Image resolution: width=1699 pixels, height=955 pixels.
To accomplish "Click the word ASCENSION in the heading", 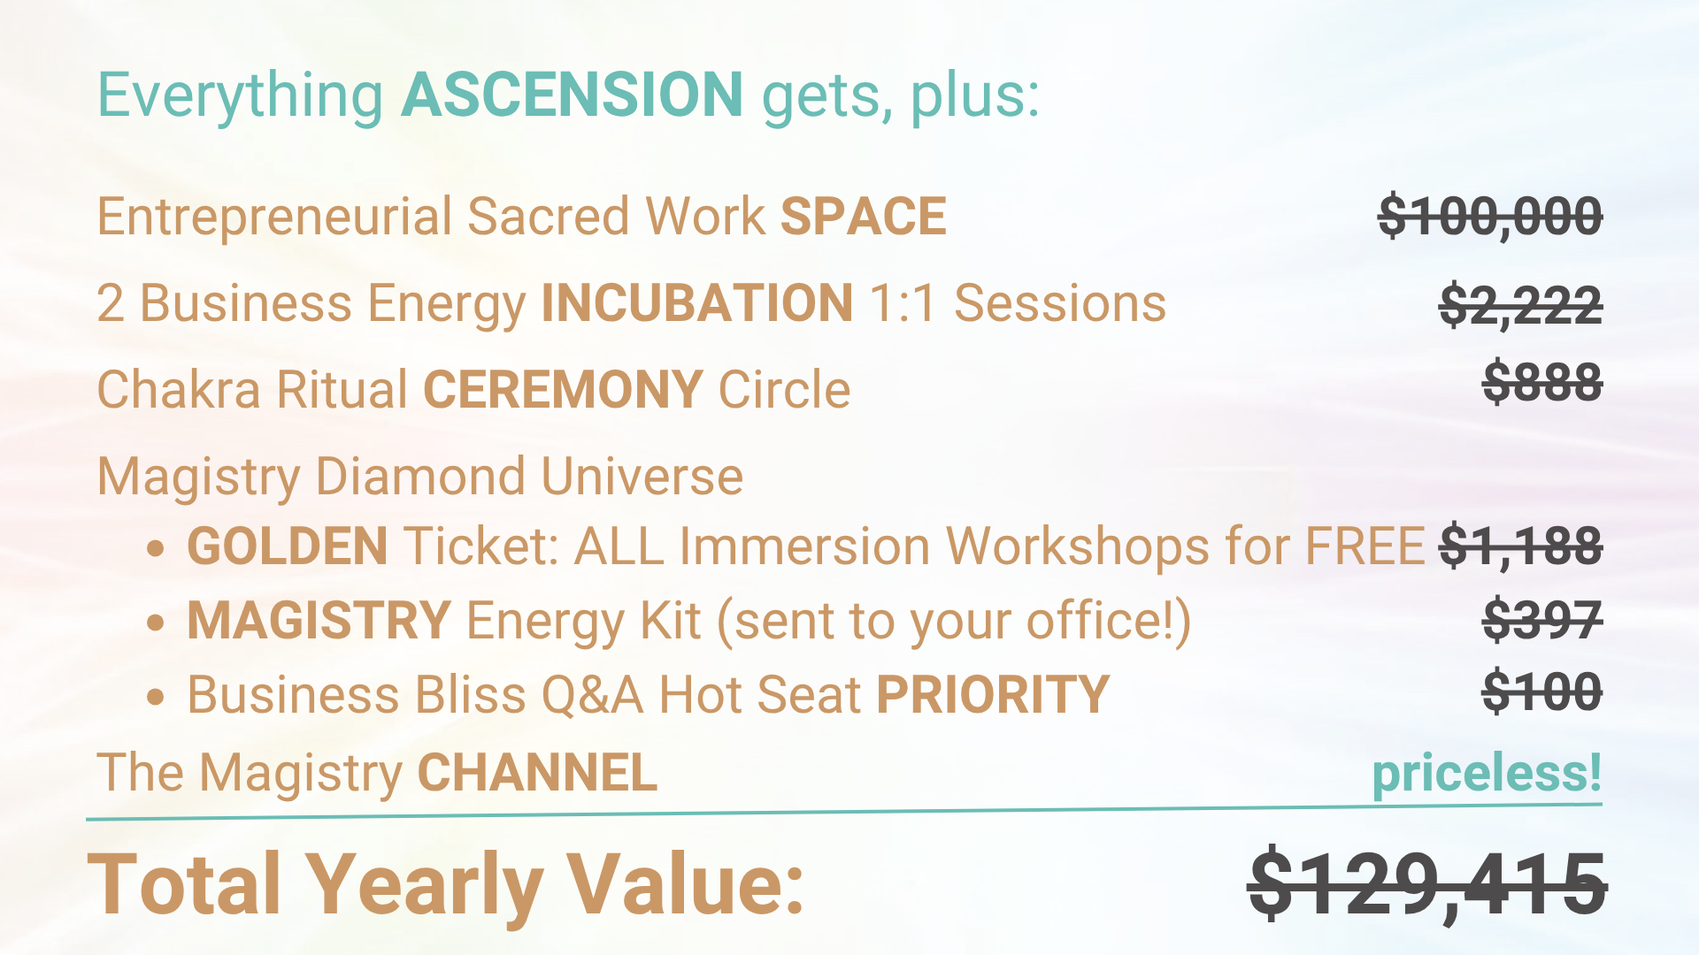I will (572, 95).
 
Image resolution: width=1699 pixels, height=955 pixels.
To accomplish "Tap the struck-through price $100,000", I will (1490, 216).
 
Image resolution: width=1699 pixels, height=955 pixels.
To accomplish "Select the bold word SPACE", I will (864, 217).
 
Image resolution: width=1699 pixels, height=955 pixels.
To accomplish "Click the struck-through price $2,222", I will (1520, 304).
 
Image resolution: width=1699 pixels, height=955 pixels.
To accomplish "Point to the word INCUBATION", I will (697, 303).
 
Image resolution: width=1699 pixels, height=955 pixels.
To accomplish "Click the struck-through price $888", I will (1542, 382).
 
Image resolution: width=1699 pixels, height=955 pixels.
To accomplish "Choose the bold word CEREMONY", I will (563, 390).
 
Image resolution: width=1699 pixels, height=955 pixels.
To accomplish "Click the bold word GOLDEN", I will (288, 546).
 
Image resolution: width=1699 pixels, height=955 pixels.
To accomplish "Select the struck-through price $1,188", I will (1520, 546).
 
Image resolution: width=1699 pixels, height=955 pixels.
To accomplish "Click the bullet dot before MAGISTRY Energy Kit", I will (156, 623).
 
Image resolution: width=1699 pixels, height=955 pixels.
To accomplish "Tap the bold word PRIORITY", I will (993, 695).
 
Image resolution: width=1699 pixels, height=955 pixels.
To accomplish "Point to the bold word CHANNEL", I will (537, 773).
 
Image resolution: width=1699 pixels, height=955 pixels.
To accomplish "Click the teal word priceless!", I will (1487, 773).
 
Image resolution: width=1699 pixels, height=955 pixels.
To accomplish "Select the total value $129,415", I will (1426, 884).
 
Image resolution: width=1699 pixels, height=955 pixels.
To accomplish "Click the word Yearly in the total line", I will (423, 884).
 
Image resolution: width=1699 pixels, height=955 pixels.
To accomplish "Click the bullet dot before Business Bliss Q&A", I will (156, 697).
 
